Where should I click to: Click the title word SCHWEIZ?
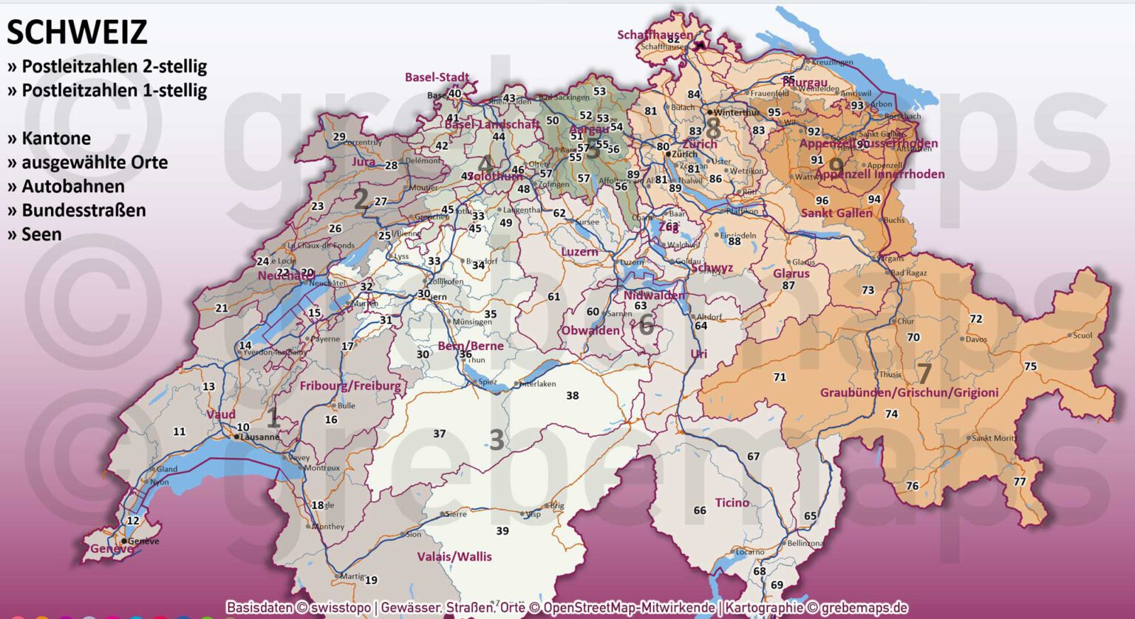[77, 33]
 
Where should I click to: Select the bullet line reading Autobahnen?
[72, 186]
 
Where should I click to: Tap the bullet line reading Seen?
[41, 234]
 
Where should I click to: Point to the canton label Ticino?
[732, 502]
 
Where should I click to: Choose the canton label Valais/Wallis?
[454, 556]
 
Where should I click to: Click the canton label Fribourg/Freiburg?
[350, 386]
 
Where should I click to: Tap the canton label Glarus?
[791, 273]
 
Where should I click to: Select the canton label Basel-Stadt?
[437, 77]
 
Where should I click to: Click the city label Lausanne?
[260, 437]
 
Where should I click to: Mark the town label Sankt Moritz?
[994, 438]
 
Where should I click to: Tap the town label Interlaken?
[538, 384]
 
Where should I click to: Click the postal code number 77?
[1020, 482]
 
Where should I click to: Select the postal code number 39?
[502, 530]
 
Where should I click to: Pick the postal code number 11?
[180, 431]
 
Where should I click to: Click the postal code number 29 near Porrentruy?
[339, 137]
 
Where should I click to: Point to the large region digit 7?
[924, 373]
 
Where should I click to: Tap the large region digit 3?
[497, 440]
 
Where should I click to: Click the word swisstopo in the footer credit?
[341, 607]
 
